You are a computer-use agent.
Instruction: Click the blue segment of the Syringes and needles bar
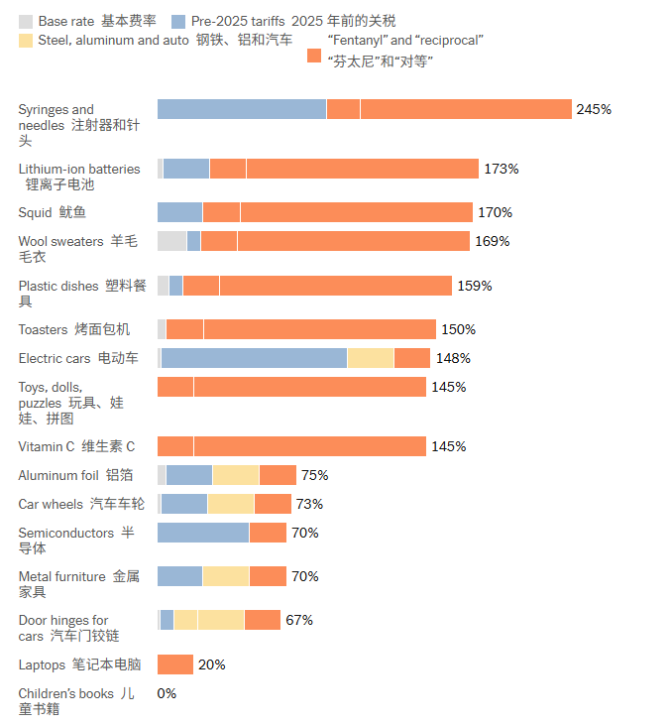click(242, 109)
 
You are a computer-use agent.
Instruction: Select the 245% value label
click(594, 109)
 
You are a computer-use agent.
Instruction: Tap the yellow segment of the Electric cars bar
click(371, 358)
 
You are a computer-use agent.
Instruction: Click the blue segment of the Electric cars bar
click(254, 358)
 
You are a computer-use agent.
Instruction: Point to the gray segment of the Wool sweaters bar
click(171, 241)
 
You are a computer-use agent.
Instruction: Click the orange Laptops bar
click(175, 664)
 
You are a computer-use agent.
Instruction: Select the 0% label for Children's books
click(167, 693)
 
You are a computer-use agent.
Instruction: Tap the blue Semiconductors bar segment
click(203, 533)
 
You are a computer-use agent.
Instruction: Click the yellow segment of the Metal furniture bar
click(226, 576)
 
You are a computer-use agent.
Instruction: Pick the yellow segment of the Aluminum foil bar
click(236, 475)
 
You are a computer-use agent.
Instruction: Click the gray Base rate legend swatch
click(26, 21)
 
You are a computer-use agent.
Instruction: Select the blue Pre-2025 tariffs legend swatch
click(178, 21)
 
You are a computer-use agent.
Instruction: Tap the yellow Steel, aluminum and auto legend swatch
click(26, 41)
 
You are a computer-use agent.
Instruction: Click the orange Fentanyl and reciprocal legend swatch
click(314, 57)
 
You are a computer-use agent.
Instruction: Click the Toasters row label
click(73, 329)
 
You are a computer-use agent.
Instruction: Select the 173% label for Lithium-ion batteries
click(501, 169)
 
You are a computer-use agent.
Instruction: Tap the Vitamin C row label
click(76, 446)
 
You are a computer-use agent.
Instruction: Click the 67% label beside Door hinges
click(299, 620)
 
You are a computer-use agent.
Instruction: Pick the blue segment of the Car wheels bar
click(184, 504)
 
